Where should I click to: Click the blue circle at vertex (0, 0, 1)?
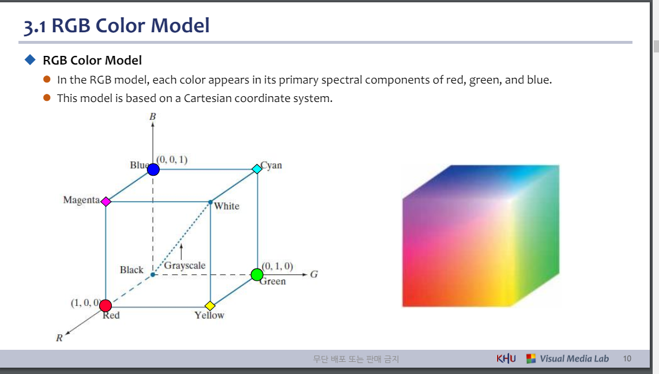[153, 169]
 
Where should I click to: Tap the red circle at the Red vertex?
[106, 305]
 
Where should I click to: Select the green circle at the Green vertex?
[257, 275]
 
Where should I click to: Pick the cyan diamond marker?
[257, 169]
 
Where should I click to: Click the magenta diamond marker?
[106, 202]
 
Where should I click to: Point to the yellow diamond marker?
[210, 305]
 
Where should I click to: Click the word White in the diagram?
[227, 206]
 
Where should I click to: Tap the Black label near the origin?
[131, 270]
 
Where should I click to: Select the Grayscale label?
[184, 266]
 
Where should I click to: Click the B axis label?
[153, 116]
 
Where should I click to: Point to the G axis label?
[314, 274]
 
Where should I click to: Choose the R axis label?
[59, 338]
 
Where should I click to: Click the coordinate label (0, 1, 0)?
[277, 266]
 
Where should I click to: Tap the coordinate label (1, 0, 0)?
[85, 303]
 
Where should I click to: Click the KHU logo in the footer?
[506, 358]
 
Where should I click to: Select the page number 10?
[627, 358]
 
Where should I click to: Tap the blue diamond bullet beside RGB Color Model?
[30, 60]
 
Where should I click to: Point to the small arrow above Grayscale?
[181, 251]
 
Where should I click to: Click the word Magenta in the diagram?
[81, 200]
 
